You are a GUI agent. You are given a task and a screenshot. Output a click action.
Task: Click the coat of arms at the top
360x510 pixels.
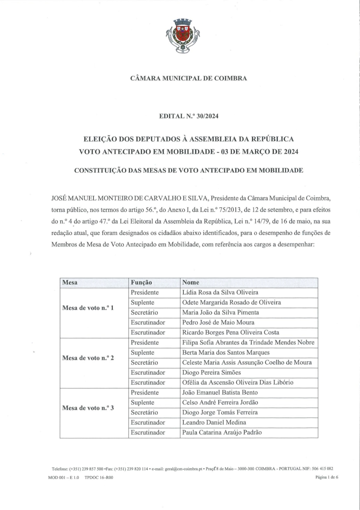pyautogui.click(x=183, y=36)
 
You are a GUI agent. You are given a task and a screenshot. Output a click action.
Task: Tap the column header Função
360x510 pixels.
pyautogui.click(x=142, y=282)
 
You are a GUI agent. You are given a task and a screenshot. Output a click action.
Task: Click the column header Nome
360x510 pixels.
pyautogui.click(x=190, y=282)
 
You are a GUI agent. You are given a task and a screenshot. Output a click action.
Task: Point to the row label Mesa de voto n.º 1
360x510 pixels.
pyautogui.click(x=88, y=308)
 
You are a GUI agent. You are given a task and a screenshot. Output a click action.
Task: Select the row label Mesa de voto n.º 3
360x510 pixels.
pyautogui.click(x=88, y=408)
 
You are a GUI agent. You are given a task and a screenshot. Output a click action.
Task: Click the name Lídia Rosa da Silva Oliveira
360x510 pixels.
pyautogui.click(x=220, y=292)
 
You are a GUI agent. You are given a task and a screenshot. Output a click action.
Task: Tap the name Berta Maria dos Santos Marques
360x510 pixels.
pyautogui.click(x=225, y=352)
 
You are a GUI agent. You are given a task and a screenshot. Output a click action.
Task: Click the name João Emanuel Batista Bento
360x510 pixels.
pyautogui.click(x=219, y=392)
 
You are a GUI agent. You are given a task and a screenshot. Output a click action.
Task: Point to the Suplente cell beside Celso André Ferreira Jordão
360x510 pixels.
pyautogui.click(x=142, y=403)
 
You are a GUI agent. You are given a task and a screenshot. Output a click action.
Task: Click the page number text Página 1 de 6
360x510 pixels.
pyautogui.click(x=327, y=477)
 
